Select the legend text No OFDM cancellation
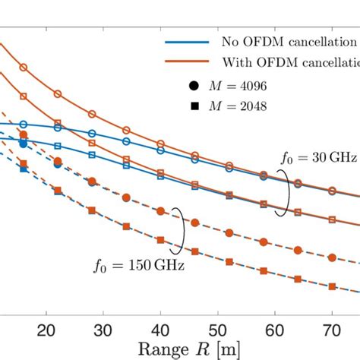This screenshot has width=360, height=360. (x=289, y=41)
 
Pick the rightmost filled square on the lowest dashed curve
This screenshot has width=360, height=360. (x=332, y=286)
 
